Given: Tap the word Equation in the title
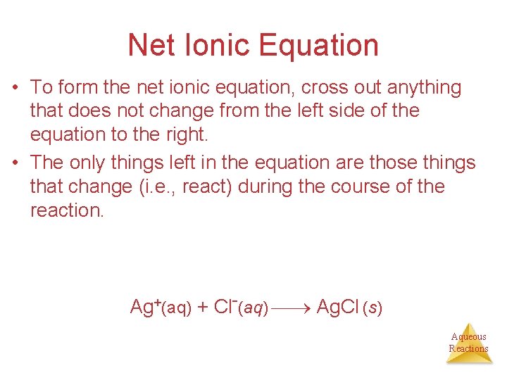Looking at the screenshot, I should click(320, 46).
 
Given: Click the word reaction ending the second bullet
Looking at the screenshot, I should click(66, 210).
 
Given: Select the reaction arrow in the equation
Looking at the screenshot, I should click(292, 309).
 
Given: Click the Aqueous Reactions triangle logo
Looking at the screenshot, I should click(469, 343).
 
